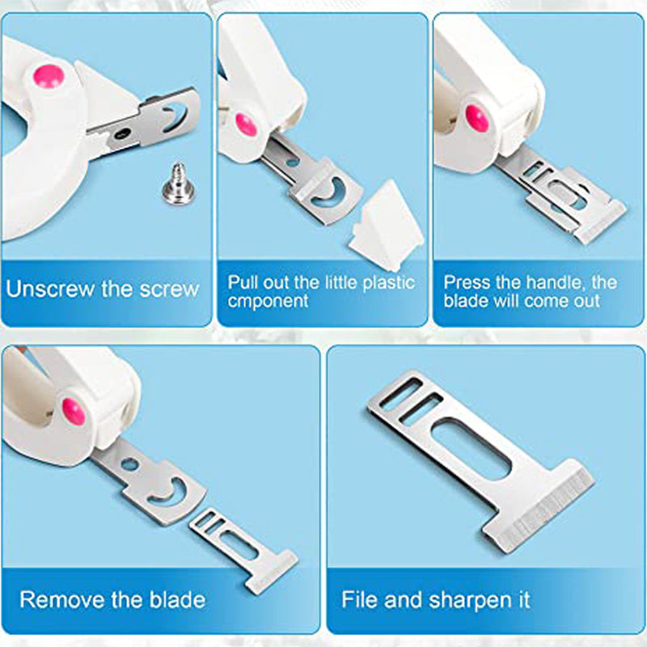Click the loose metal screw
click(179, 184)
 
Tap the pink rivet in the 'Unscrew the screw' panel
click(49, 76)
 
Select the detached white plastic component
click(386, 225)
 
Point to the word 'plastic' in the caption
click(389, 283)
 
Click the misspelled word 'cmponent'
click(268, 302)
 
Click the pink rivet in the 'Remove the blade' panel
click(74, 412)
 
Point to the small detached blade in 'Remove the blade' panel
click(243, 551)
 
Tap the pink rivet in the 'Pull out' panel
click(247, 125)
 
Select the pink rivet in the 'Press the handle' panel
click(477, 118)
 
